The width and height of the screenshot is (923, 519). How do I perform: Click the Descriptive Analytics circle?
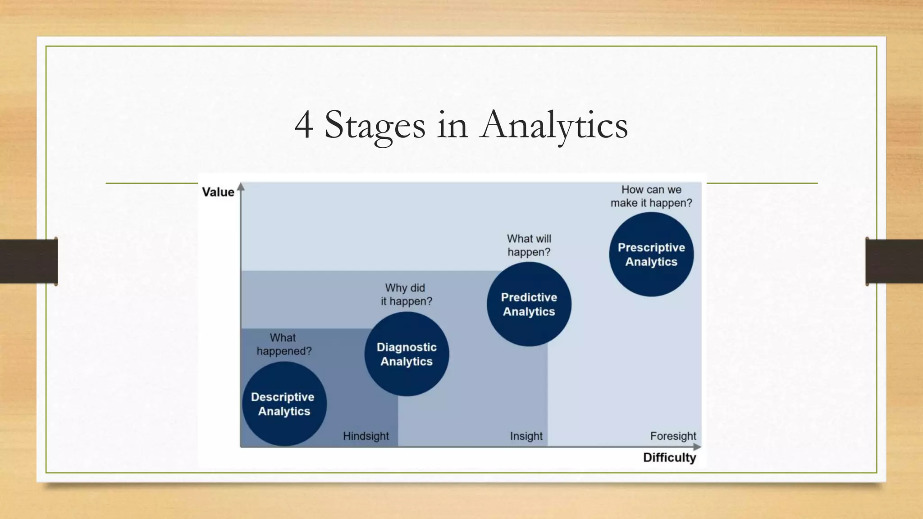(284, 404)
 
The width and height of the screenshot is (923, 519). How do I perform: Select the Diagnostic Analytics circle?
(407, 354)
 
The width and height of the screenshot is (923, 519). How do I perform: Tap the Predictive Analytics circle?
(529, 304)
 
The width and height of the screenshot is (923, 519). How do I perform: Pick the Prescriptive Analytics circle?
(651, 255)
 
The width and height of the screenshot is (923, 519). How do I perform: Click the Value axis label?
(218, 192)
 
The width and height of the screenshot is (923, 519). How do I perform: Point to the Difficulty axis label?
(669, 458)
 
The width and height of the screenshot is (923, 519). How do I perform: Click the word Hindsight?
(366, 436)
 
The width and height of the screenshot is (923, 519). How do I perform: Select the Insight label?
(526, 436)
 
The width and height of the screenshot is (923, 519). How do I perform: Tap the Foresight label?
(673, 436)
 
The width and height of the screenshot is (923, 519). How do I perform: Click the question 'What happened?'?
(283, 344)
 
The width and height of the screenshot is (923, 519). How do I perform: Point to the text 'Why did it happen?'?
(406, 295)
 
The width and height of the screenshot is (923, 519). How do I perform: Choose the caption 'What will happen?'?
(529, 246)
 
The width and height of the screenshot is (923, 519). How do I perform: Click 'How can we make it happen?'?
(651, 196)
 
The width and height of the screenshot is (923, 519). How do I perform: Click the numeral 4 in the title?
(304, 125)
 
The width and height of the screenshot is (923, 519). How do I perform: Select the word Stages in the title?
(374, 125)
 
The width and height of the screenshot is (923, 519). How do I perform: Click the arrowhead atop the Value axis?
(241, 187)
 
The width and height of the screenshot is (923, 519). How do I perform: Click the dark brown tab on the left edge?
(28, 261)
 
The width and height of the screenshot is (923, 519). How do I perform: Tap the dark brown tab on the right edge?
(894, 261)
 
